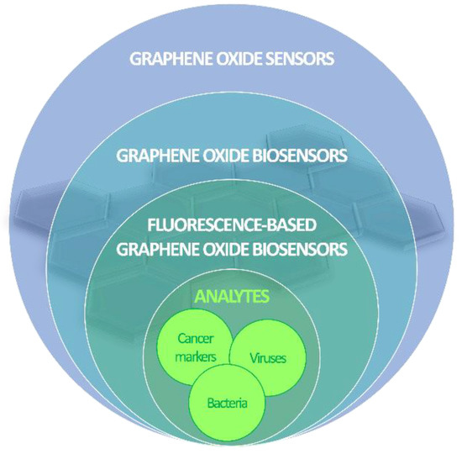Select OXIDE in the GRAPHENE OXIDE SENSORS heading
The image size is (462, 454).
click(233, 60)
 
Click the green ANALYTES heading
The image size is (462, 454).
click(231, 296)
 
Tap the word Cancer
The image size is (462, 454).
click(196, 340)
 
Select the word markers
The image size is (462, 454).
click(197, 356)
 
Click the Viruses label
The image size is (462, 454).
click(269, 358)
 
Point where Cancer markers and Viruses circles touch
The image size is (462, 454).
click(232, 351)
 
